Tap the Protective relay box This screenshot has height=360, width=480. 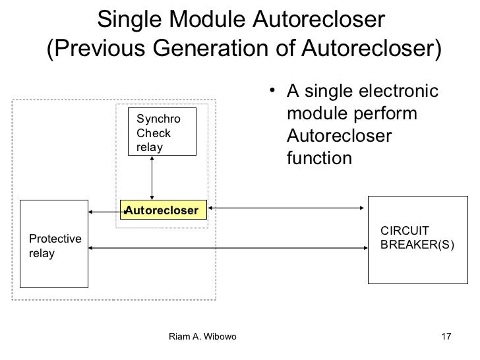pos(54,243)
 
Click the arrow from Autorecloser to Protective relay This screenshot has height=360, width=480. pos(104,212)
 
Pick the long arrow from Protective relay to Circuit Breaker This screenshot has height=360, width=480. pos(227,249)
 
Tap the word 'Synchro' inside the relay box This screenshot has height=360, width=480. pos(157,119)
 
